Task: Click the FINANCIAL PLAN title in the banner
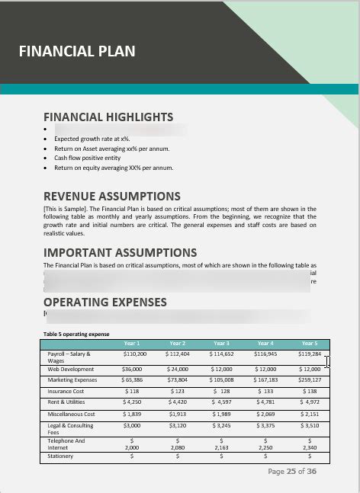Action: coord(76,52)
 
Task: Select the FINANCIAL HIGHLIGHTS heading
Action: coord(108,117)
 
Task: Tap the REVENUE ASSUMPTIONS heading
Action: coord(112,196)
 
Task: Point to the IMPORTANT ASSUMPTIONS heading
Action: coord(120,252)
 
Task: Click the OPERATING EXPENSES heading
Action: coord(105,303)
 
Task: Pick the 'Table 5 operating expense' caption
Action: coord(76,334)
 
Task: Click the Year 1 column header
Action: coord(132,344)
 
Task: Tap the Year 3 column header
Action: coord(221,344)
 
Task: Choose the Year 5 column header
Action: coord(309,344)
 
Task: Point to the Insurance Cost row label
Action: coord(66,391)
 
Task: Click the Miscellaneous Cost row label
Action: coord(71,414)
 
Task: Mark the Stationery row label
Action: coord(60,456)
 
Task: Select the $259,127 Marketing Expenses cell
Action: coord(310,379)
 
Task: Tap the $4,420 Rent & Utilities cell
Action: coord(177,402)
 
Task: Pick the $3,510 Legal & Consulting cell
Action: coord(310,426)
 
